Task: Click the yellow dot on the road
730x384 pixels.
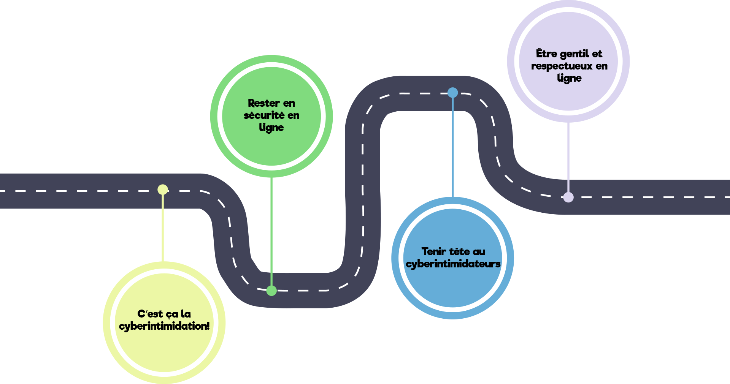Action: click(163, 189)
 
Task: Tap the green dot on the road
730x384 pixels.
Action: click(271, 291)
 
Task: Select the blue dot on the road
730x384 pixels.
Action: click(452, 93)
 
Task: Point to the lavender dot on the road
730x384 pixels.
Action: click(568, 197)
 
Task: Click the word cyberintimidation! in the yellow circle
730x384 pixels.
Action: click(164, 326)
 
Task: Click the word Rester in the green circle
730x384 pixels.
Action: click(264, 103)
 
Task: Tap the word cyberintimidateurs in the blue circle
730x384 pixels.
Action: click(453, 264)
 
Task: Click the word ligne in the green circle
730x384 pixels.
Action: click(271, 128)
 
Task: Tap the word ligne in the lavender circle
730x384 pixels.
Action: click(569, 78)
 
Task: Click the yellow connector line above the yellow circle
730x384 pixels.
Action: click(163, 228)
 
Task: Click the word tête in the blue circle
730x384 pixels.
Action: click(459, 252)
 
